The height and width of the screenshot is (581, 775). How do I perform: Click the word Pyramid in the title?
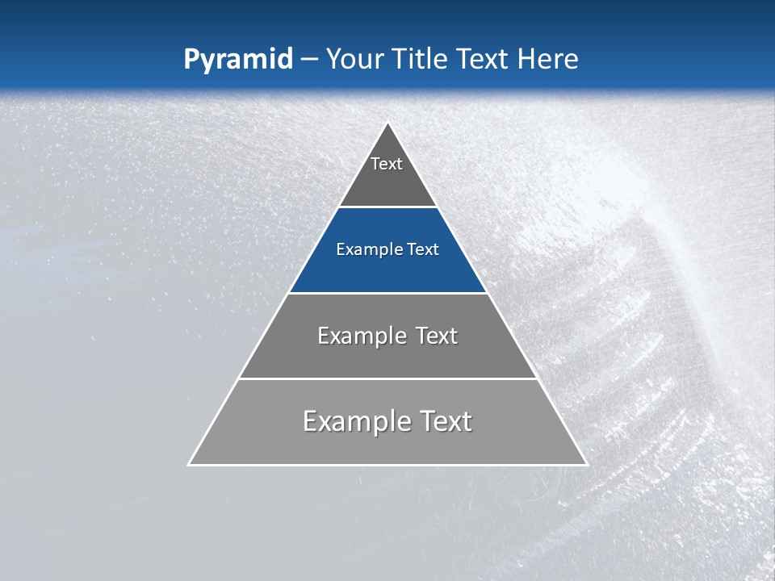point(237,60)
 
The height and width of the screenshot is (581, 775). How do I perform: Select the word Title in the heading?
point(422,59)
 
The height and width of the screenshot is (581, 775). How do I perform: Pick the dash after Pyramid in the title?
point(308,60)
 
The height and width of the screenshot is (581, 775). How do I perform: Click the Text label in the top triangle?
point(387,164)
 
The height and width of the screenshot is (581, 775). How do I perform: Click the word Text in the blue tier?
point(424,249)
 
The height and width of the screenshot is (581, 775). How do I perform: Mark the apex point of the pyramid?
point(388,123)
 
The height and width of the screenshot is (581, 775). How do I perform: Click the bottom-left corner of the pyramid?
point(190,464)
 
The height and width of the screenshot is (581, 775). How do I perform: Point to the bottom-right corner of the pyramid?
point(586,464)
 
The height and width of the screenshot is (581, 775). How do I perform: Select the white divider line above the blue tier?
point(387,207)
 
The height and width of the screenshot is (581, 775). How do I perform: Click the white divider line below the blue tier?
point(387,293)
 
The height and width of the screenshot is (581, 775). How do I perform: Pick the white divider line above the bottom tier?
point(387,378)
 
